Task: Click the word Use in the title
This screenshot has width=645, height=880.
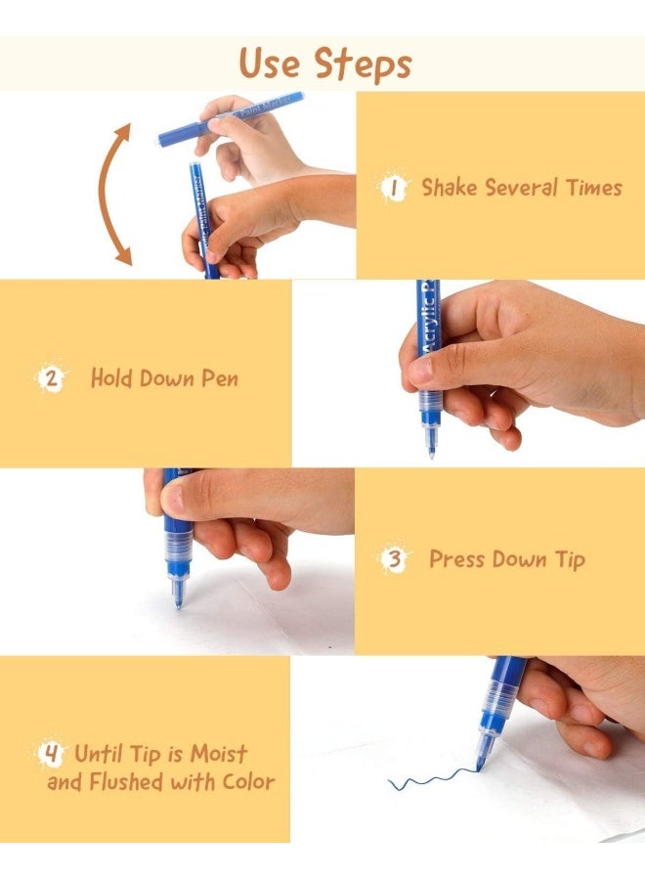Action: click(x=269, y=63)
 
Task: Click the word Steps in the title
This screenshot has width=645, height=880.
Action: click(x=363, y=64)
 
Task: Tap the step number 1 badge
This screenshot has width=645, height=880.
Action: click(x=393, y=188)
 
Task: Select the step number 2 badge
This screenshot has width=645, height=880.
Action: click(x=51, y=378)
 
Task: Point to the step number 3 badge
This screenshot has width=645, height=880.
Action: click(x=395, y=559)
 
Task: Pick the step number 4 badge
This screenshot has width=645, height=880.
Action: click(x=51, y=753)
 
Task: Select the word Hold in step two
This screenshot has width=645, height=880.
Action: click(x=111, y=378)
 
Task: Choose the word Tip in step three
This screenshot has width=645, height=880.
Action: click(x=571, y=560)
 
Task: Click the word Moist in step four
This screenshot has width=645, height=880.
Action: click(x=219, y=754)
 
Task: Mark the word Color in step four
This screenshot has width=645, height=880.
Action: click(x=249, y=782)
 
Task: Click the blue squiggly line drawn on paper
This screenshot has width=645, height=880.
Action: click(x=432, y=779)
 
